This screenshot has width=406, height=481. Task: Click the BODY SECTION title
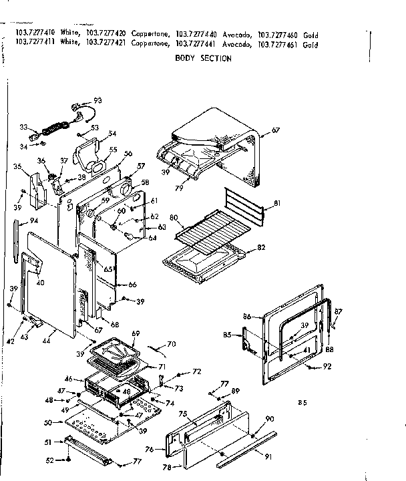(203, 59)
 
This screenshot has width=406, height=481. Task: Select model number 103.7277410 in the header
(32, 35)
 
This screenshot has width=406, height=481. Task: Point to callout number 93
(97, 100)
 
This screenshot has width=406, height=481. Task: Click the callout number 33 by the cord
(23, 126)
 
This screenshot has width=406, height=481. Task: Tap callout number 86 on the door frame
(246, 315)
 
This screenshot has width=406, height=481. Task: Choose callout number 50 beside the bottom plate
(47, 423)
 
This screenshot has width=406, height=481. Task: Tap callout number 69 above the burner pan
(136, 333)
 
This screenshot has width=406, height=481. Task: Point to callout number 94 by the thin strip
(33, 220)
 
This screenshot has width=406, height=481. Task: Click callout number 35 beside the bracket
(17, 166)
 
